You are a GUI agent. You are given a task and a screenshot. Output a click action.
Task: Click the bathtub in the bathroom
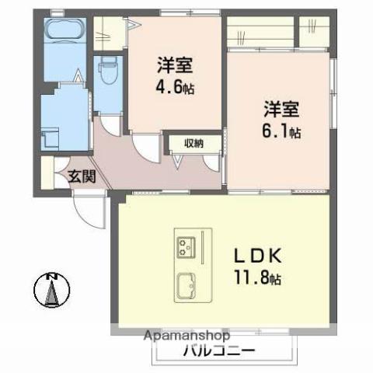click(63, 33)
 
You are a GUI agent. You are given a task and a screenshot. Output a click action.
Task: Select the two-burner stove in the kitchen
click(186, 246)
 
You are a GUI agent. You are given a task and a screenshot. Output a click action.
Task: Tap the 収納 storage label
click(194, 143)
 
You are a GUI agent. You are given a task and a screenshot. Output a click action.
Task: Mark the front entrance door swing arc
click(87, 211)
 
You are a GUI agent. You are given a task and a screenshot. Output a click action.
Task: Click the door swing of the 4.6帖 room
click(142, 147)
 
